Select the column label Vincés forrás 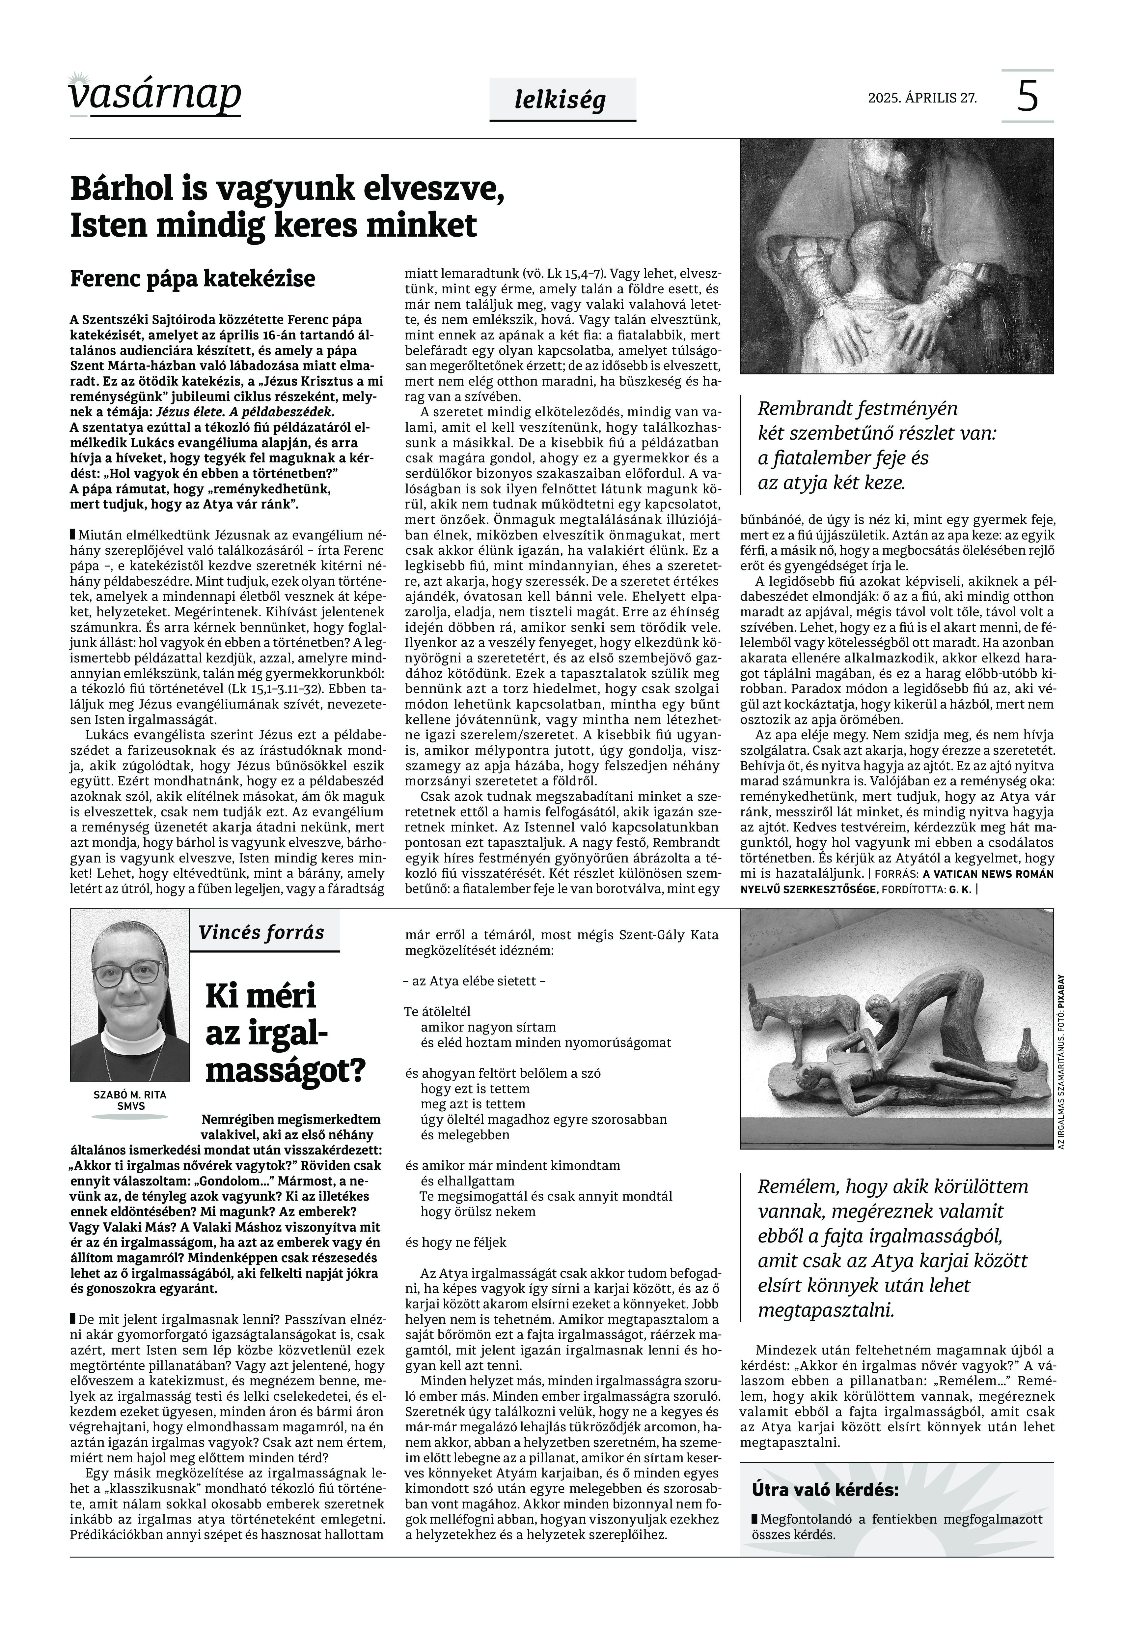click(261, 933)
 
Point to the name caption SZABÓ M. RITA click(129, 1095)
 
